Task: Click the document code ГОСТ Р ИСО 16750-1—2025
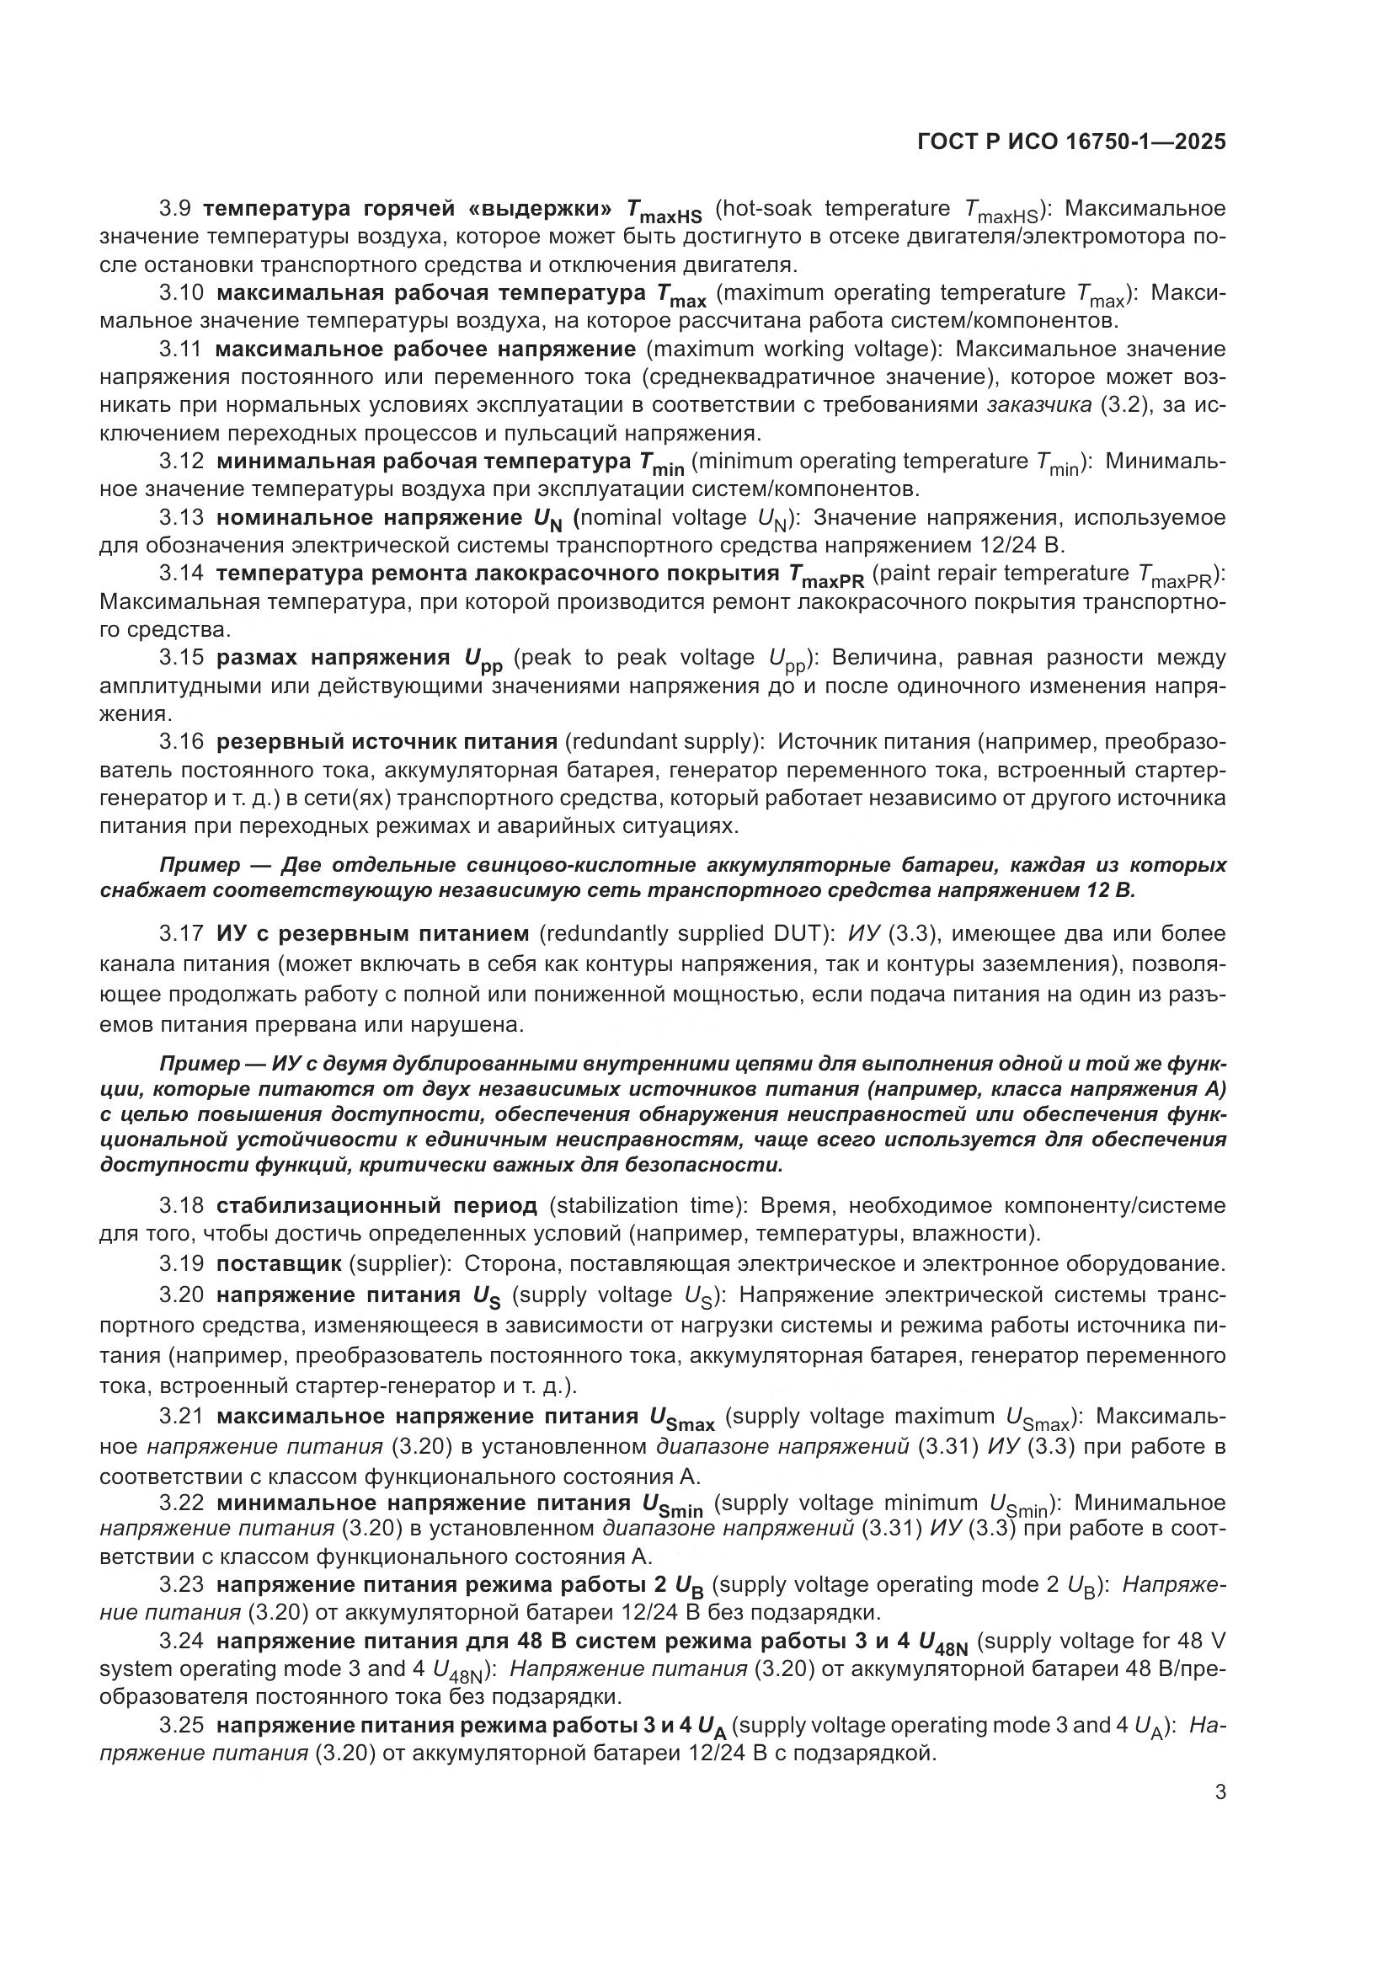pyautogui.click(x=1071, y=142)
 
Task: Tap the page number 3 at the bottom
pyautogui.click(x=1220, y=1791)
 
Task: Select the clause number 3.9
pyautogui.click(x=175, y=209)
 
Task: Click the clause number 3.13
pyautogui.click(x=181, y=517)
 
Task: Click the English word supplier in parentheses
pyautogui.click(x=394, y=1263)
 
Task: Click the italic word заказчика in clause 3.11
pyautogui.click(x=1039, y=405)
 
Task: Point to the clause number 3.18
pyautogui.click(x=181, y=1205)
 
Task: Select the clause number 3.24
pyautogui.click(x=181, y=1642)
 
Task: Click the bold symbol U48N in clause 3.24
pyautogui.click(x=942, y=1644)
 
